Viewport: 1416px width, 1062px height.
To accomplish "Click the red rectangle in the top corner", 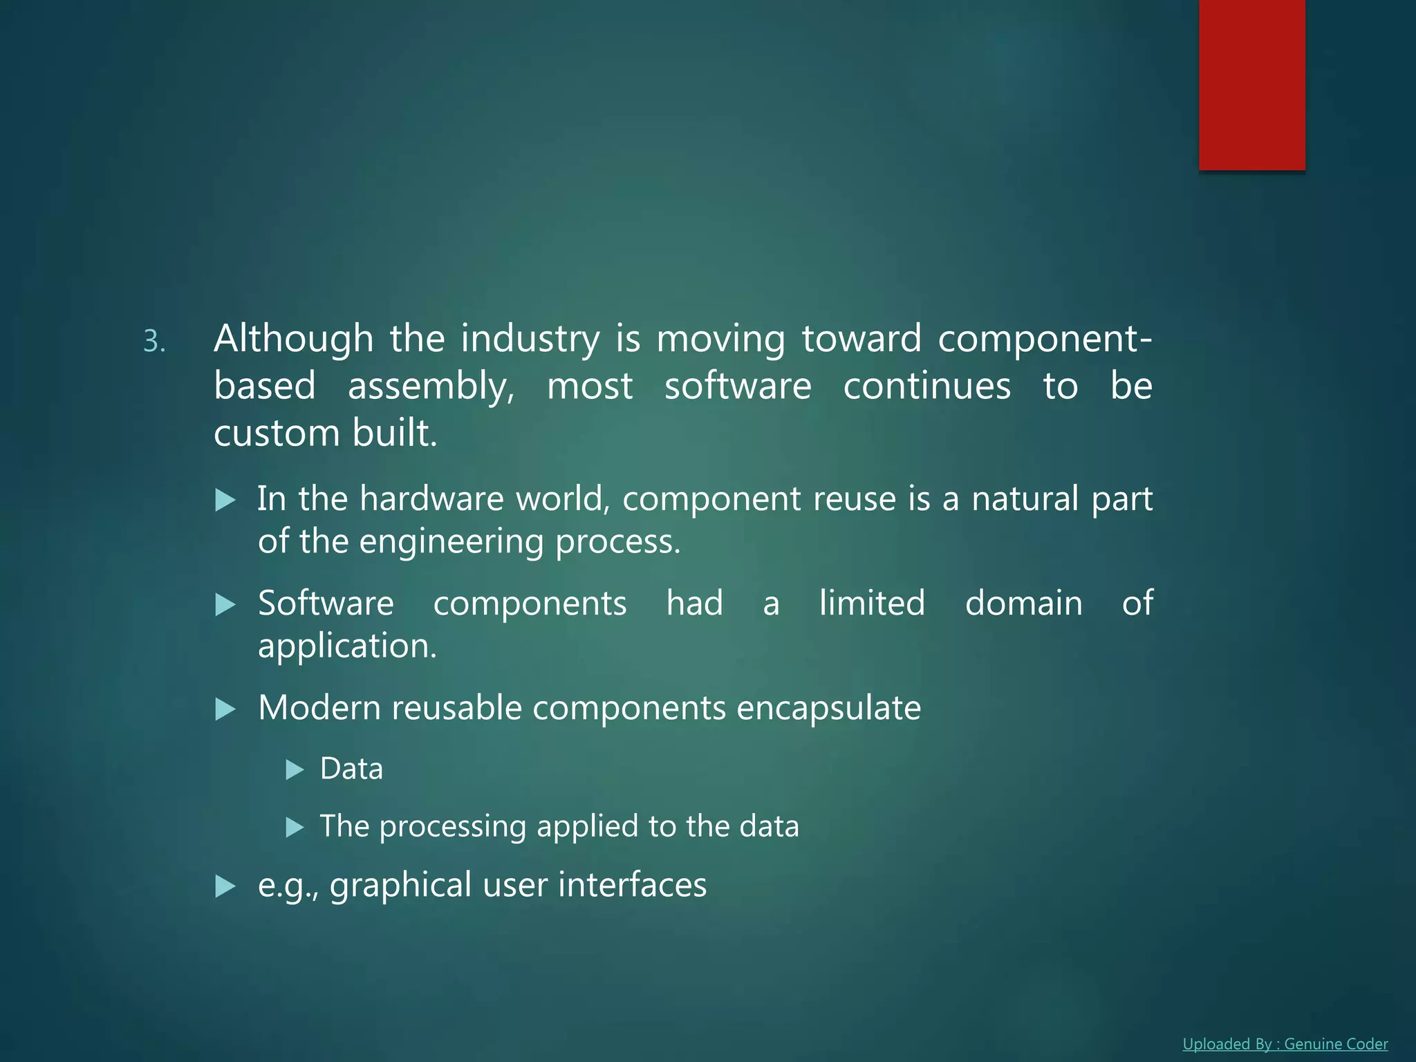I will (1251, 84).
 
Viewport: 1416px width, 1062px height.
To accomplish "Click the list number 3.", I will (154, 342).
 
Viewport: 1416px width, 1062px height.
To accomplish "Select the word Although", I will (293, 339).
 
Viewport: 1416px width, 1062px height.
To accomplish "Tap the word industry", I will (530, 339).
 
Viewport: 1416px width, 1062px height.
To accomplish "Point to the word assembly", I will (430, 386).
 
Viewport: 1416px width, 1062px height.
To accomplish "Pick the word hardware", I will (431, 499).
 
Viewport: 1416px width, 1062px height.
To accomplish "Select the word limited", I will (872, 603).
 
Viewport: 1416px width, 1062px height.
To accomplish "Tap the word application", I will (347, 646).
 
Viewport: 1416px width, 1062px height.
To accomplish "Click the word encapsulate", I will (828, 708).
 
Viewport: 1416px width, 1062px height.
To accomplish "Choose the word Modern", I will (319, 708).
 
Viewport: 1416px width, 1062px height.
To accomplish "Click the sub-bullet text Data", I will (351, 769).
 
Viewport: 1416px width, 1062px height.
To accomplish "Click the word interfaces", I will (632, 885).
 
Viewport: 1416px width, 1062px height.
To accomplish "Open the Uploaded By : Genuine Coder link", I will (1285, 1044).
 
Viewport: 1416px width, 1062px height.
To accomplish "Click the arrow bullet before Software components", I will (225, 605).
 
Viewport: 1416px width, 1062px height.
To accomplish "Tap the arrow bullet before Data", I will (295, 770).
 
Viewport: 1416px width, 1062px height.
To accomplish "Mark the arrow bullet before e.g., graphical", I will (225, 886).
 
